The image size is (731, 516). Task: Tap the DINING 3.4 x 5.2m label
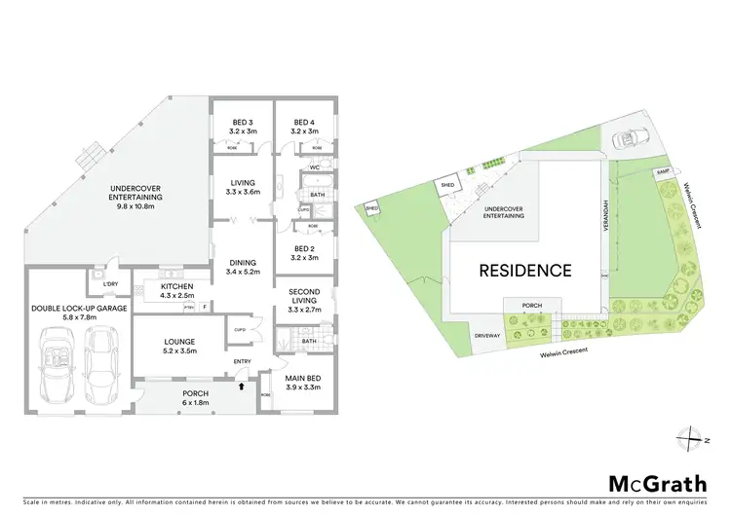243,266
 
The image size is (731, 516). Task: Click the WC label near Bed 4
314,166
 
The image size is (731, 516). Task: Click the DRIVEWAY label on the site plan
487,336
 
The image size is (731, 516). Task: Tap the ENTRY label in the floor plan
243,363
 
